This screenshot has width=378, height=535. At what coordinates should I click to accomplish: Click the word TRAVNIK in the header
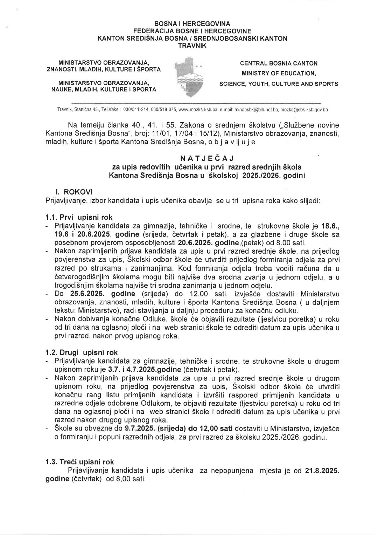pos(192,46)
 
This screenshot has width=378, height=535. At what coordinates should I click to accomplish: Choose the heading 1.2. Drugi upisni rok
pos(82,352)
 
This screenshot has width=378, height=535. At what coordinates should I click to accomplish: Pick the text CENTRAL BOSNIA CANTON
pos(279,63)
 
